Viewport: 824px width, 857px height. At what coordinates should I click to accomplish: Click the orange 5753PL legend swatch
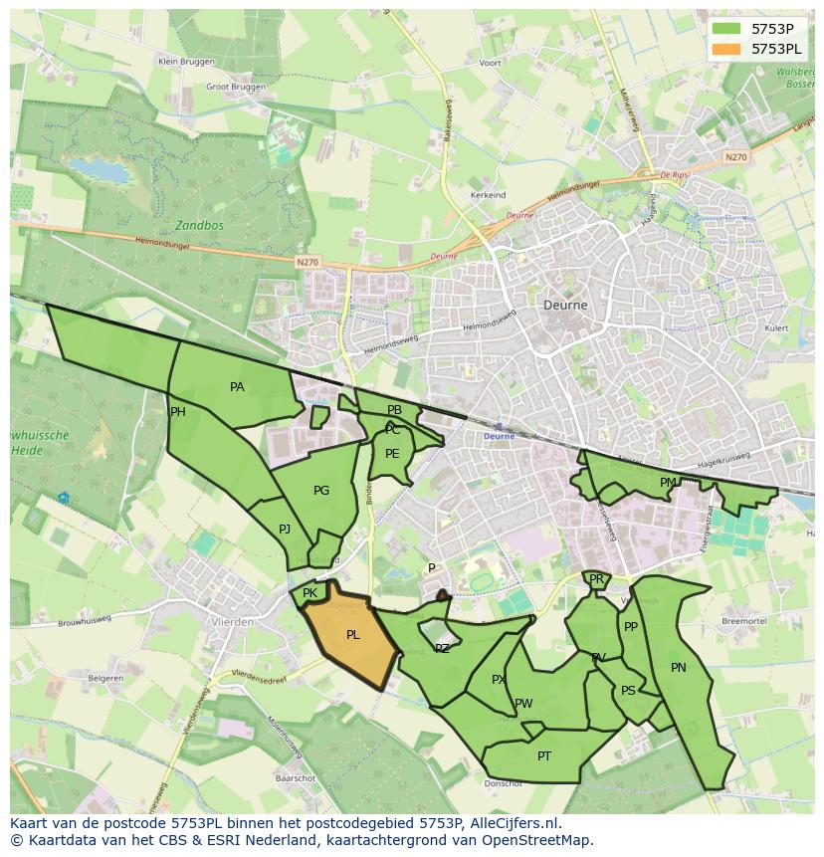[726, 49]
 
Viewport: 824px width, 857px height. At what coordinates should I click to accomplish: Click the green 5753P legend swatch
[726, 28]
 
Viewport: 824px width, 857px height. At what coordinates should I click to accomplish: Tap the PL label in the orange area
[352, 635]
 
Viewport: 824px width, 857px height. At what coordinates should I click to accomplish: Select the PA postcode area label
[237, 387]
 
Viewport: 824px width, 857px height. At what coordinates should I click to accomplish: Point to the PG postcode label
[320, 491]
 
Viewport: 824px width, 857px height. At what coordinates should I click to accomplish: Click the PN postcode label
[679, 668]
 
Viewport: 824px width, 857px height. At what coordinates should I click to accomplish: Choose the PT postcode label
[544, 756]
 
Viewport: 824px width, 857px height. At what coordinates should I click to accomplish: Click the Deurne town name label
[565, 305]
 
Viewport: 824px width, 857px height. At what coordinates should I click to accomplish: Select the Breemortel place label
[744, 620]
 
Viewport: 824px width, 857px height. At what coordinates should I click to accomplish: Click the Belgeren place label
[105, 678]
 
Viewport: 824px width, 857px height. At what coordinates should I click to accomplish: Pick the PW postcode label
[523, 704]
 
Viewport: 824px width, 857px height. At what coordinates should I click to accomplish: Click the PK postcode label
[309, 593]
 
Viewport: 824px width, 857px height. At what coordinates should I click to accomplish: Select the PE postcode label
[392, 454]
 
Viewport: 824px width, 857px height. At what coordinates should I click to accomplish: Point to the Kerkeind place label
[488, 195]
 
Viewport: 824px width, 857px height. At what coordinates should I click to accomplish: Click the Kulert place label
[776, 327]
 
